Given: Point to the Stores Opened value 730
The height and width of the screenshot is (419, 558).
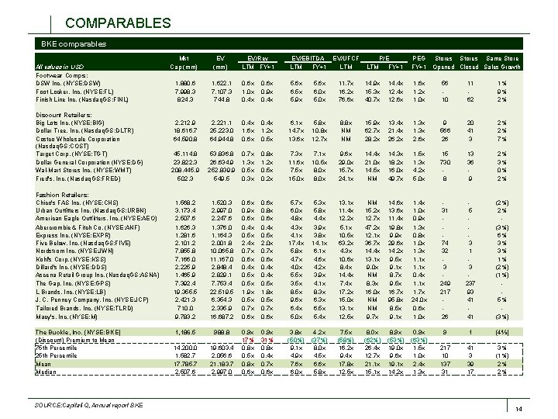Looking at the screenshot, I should (444, 161).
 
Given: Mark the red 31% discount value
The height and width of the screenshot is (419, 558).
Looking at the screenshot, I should (270, 339).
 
